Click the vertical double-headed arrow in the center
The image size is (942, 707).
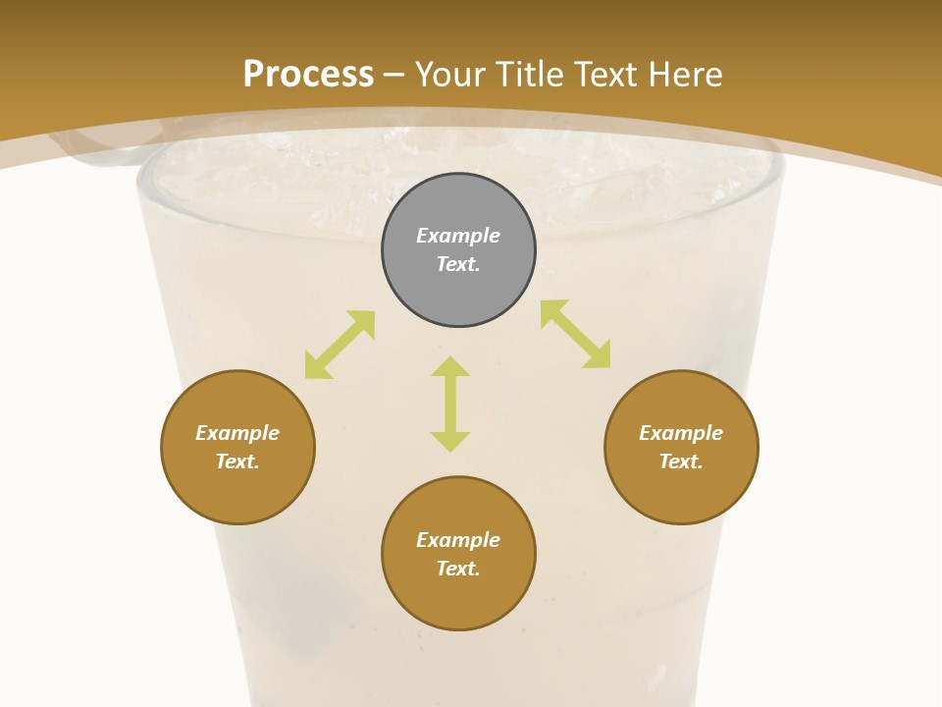click(450, 404)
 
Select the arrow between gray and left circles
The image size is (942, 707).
click(340, 345)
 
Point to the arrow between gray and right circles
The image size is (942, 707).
click(575, 334)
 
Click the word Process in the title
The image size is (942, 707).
click(308, 75)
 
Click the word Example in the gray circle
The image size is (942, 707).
click(458, 236)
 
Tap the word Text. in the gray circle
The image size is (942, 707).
click(458, 264)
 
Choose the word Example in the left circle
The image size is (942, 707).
click(237, 433)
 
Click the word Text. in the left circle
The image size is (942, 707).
click(237, 462)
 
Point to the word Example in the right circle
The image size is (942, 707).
click(681, 433)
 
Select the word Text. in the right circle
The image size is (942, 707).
click(681, 462)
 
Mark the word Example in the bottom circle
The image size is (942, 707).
click(458, 540)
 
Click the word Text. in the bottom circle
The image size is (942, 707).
click(458, 569)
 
